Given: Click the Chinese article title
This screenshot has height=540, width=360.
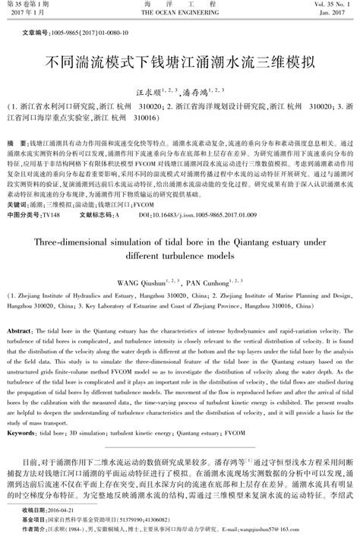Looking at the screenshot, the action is (x=179, y=58).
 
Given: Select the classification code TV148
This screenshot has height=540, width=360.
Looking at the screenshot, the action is (x=51, y=215).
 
